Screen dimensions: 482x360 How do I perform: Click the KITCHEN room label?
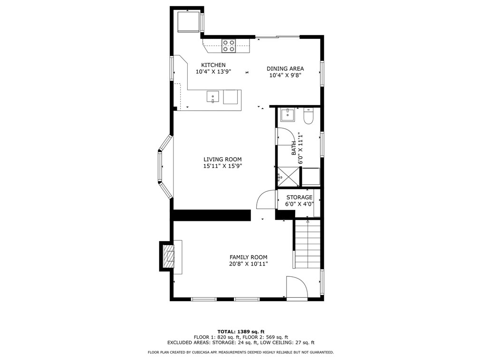[213, 65]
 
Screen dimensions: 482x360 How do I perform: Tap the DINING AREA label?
[285, 69]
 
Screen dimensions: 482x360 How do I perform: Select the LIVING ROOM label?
[222, 160]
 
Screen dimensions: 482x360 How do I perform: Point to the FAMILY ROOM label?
[249, 257]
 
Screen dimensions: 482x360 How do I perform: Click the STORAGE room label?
[299, 198]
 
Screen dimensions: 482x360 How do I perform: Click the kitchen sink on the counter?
[213, 96]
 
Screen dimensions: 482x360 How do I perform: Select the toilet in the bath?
[308, 116]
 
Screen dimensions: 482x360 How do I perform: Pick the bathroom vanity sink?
[288, 114]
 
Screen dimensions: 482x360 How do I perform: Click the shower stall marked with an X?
[289, 177]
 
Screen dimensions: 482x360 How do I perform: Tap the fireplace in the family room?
[168, 256]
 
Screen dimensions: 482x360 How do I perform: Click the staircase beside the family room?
[308, 245]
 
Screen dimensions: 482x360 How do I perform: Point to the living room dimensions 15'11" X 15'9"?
[222, 166]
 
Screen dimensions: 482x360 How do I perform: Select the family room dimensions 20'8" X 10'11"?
[249, 264]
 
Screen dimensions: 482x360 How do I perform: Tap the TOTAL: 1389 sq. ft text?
[241, 332]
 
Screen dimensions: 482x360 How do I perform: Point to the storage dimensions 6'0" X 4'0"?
[299, 204]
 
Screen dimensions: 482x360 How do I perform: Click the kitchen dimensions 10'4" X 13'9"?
[213, 72]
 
